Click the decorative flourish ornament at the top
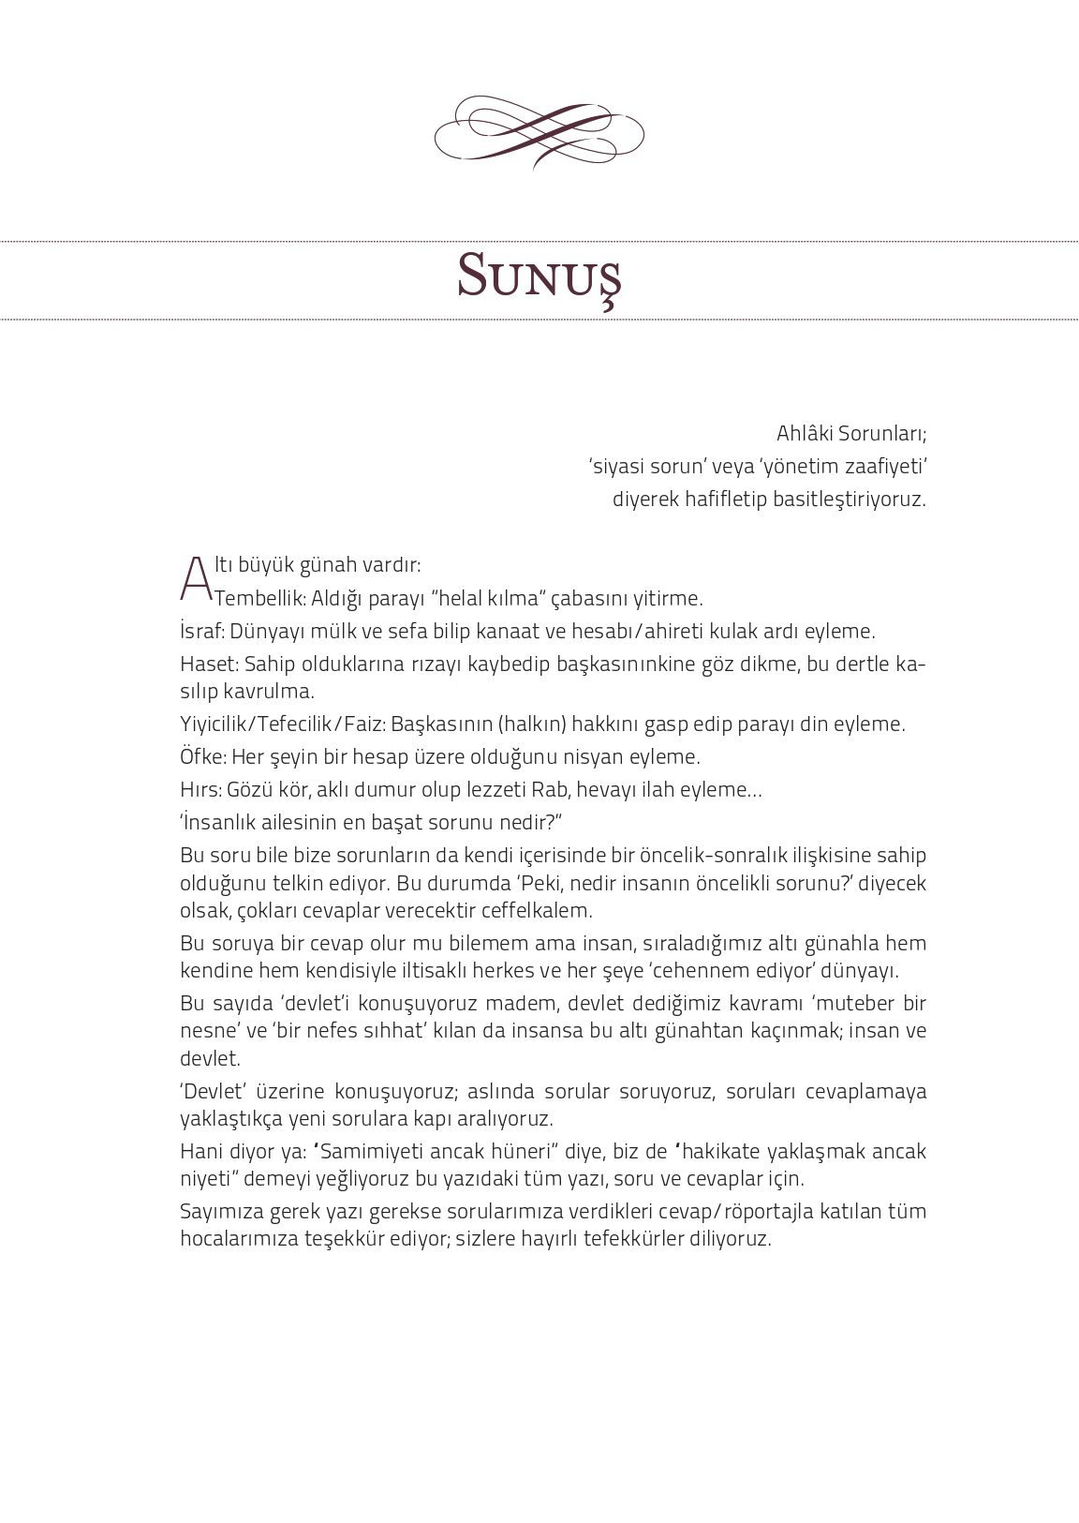[539, 131]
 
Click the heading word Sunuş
[539, 275]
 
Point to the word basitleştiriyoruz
[849, 500]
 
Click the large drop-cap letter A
[195, 580]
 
